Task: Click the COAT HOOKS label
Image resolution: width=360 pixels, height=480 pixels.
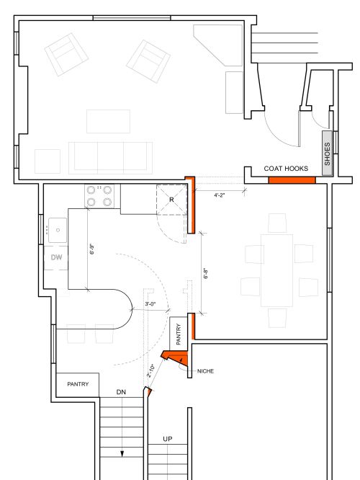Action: (x=286, y=169)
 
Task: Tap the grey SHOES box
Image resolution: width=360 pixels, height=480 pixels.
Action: (x=328, y=153)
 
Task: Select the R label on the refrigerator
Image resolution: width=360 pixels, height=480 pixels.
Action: (x=171, y=199)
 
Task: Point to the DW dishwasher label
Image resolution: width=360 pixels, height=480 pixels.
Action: (x=58, y=257)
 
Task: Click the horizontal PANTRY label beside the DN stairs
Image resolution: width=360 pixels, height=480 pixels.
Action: (x=78, y=384)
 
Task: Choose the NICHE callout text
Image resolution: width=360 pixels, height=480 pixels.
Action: (x=205, y=371)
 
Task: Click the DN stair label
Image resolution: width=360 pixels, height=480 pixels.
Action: (x=122, y=393)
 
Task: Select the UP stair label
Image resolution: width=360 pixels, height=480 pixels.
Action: (x=167, y=439)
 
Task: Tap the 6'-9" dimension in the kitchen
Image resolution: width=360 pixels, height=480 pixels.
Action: (x=91, y=249)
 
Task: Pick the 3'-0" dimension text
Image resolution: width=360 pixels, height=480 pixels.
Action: (x=151, y=304)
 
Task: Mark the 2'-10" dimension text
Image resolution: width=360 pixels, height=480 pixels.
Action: (x=152, y=370)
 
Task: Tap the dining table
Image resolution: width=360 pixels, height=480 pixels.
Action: (x=277, y=259)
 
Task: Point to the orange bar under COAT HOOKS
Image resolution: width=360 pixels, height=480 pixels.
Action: (x=292, y=177)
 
